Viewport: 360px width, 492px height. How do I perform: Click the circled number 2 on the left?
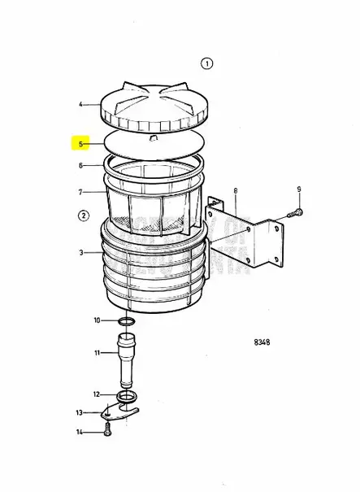coord(83,216)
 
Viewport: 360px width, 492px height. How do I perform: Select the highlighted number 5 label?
coord(80,144)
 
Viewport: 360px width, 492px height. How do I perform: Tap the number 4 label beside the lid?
coord(80,104)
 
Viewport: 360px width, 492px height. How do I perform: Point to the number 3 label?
coord(80,253)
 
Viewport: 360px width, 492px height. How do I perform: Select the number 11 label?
coord(97,353)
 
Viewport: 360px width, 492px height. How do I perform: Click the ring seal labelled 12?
coord(127,396)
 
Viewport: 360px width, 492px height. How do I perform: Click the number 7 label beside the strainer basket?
coord(80,192)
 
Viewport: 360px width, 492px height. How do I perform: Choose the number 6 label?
coord(80,165)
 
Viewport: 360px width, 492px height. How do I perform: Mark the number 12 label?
coord(97,394)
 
